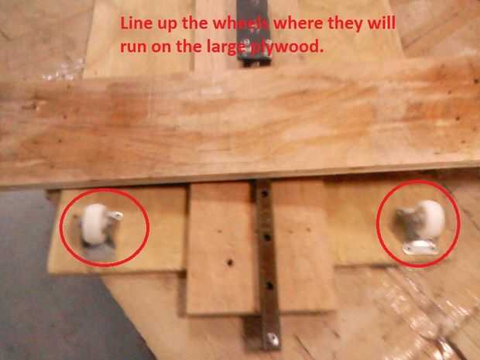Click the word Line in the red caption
[135, 23]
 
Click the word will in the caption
[381, 23]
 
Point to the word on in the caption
[161, 47]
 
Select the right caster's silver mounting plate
[420, 247]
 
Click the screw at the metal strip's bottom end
[273, 339]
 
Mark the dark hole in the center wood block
[230, 262]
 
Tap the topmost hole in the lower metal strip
[266, 194]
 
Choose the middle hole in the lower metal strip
[267, 237]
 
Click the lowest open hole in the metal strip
[269, 286]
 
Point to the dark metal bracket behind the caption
[254, 33]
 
